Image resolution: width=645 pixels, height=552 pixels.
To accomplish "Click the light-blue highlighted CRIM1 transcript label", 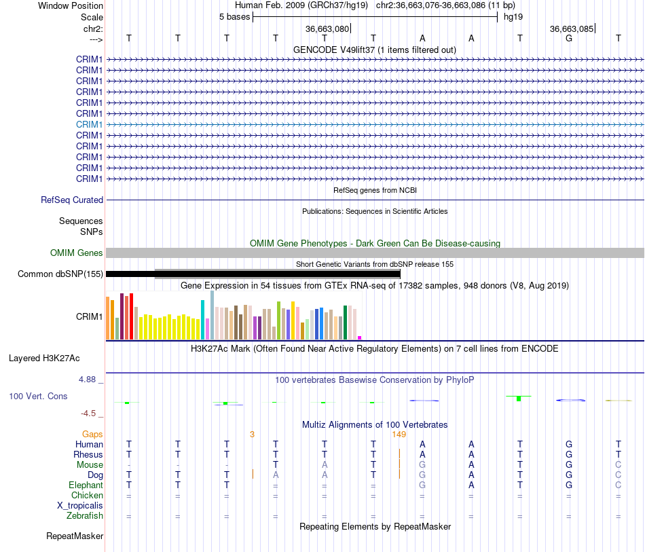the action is click(x=89, y=124).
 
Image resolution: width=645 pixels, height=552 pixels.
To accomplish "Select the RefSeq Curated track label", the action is click(x=72, y=200).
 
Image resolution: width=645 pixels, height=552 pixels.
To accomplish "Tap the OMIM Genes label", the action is click(x=77, y=253).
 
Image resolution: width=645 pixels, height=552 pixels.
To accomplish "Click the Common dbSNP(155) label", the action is click(x=60, y=274).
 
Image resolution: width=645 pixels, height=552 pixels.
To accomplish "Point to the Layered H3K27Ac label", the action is click(x=44, y=358).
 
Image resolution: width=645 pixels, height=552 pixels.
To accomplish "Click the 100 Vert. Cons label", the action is click(x=38, y=396).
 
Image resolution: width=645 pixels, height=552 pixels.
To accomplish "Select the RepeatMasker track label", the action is click(x=75, y=536).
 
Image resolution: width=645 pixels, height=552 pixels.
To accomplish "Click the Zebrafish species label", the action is click(x=85, y=516).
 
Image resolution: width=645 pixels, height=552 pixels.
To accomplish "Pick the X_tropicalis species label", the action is click(x=80, y=506).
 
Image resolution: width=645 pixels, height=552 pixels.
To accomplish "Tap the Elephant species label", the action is click(x=86, y=485).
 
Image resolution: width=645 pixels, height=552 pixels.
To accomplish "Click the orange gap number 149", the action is click(x=399, y=435).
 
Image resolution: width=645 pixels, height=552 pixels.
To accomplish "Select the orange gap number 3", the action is click(x=252, y=435).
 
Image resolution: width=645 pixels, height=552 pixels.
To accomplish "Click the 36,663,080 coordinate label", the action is click(x=327, y=29).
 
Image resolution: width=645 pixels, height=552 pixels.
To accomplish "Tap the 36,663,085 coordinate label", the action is click(x=572, y=29).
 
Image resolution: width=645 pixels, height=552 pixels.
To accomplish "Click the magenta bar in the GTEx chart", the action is click(x=360, y=337).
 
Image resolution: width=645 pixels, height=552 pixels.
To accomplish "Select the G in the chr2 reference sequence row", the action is click(x=569, y=38).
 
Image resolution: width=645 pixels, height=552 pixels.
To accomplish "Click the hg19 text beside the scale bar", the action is click(x=513, y=17).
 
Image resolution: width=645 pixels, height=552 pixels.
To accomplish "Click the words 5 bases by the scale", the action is click(x=234, y=17).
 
